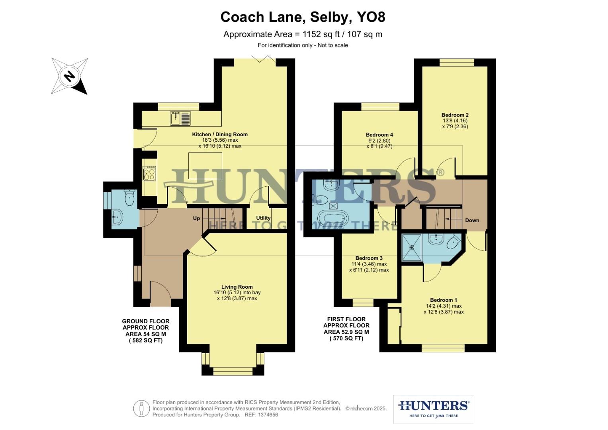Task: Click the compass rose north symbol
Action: [x=70, y=76]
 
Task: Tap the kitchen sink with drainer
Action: [x=181, y=118]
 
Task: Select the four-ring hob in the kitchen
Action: [x=150, y=173]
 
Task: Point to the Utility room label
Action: [x=263, y=218]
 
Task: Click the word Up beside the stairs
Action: [x=197, y=218]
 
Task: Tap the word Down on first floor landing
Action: [x=472, y=220]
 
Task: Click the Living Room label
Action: [x=237, y=287]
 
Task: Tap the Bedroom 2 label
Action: [x=455, y=115]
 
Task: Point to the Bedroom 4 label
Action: [x=379, y=135]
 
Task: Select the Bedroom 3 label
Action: [x=369, y=258]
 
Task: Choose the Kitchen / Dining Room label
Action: [x=220, y=134]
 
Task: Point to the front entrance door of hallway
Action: [x=160, y=295]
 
